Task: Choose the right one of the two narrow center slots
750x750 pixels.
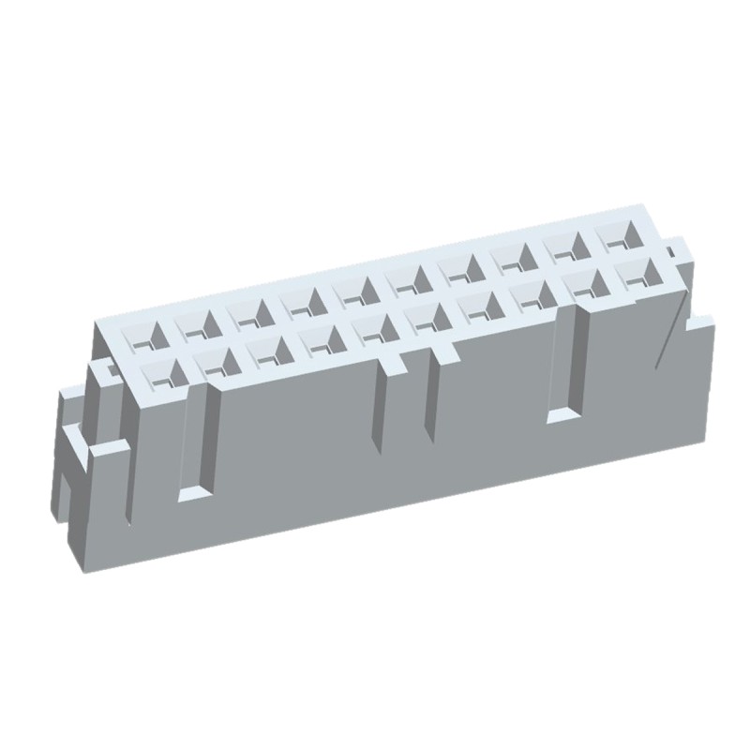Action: [x=432, y=397]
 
